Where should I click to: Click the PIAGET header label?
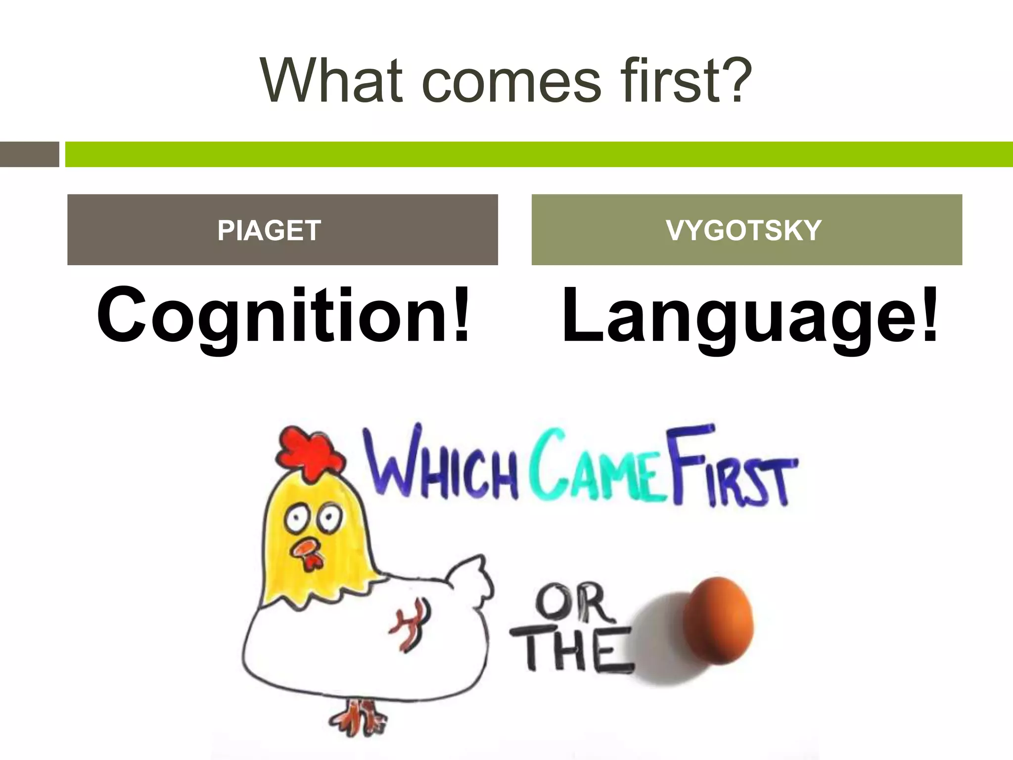click(269, 231)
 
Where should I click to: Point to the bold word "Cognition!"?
click(283, 317)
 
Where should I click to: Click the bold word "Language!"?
click(750, 317)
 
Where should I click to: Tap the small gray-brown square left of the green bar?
click(29, 154)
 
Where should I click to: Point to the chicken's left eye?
click(297, 518)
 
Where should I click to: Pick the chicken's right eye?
click(329, 518)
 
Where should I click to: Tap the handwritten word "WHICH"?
click(440, 465)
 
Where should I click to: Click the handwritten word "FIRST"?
click(732, 468)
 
